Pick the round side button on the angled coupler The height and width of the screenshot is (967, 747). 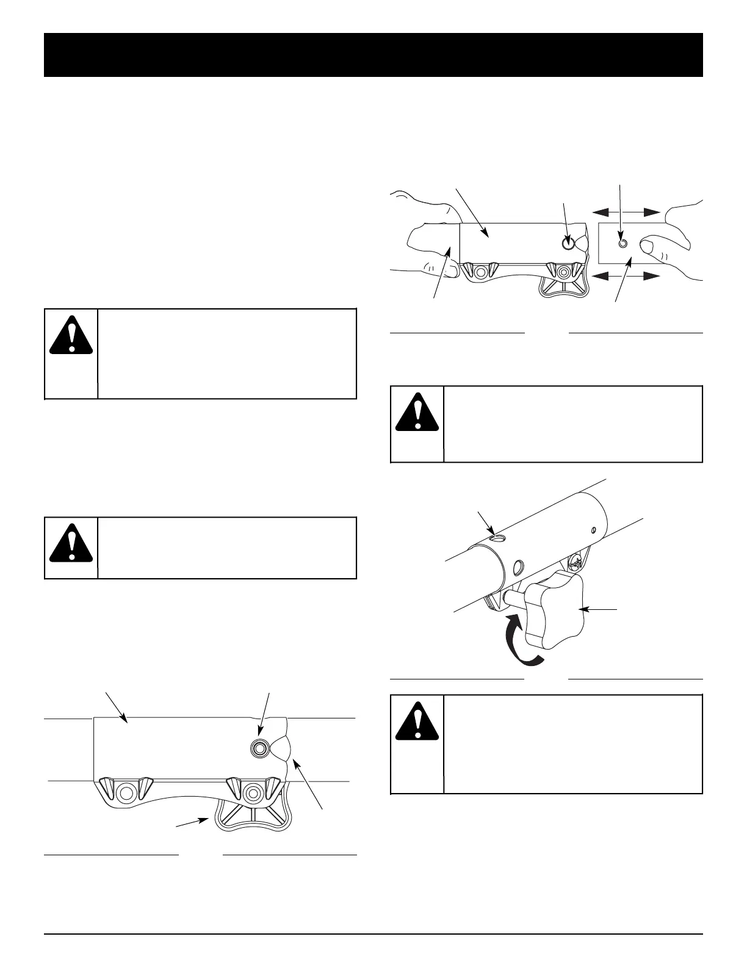click(x=518, y=568)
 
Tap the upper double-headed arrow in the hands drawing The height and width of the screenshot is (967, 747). click(x=627, y=212)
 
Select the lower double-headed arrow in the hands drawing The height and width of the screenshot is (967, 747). click(x=627, y=276)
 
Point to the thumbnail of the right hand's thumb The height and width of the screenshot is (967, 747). click(x=646, y=246)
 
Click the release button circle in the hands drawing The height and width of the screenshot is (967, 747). click(x=568, y=242)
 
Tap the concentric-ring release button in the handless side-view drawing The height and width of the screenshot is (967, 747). click(x=261, y=747)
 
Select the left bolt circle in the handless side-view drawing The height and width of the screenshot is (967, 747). click(x=126, y=792)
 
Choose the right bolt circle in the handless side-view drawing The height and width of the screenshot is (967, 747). click(x=251, y=793)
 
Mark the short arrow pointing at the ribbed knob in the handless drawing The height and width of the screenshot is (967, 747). click(x=192, y=824)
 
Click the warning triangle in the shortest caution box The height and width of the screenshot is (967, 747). click(x=71, y=543)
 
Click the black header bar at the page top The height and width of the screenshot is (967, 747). click(x=374, y=55)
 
